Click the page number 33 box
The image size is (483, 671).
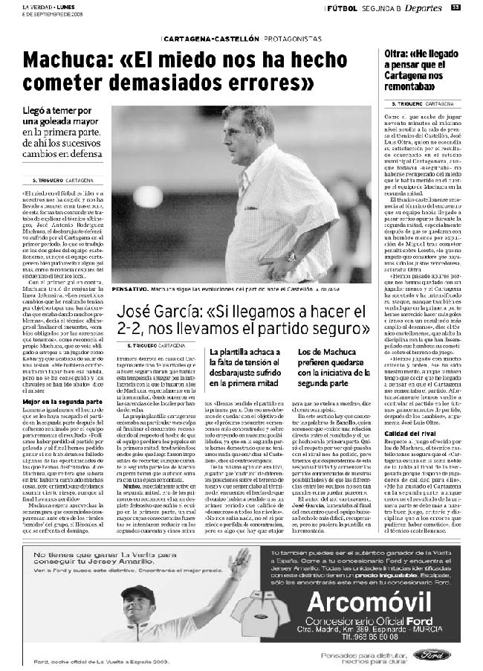[456, 8]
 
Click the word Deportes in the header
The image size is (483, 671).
[425, 8]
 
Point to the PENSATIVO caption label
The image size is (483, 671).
[128, 287]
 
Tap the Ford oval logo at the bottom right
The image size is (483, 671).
[432, 655]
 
